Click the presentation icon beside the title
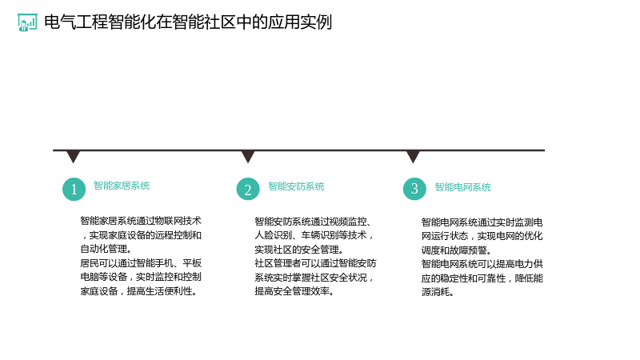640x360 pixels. tap(27, 22)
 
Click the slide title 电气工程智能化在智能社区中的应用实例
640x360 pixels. tap(188, 22)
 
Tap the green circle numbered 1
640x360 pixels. tap(74, 189)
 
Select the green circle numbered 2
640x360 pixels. tap(248, 189)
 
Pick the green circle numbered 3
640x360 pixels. tap(414, 189)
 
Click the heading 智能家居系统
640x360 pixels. tap(122, 186)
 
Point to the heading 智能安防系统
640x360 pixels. tap(296, 186)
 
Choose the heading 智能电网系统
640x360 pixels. tap(462, 187)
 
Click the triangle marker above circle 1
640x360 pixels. tap(73, 157)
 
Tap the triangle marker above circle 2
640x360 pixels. tap(248, 157)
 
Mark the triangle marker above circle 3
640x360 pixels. tap(413, 157)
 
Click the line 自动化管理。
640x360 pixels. tap(106, 249)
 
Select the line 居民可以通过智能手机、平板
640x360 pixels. tap(141, 263)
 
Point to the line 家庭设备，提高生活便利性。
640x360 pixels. tap(138, 291)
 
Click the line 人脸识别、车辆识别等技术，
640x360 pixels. tap(314, 235)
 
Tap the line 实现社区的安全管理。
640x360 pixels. tap(299, 250)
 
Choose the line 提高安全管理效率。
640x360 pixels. tap(294, 291)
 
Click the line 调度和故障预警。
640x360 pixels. tap(456, 250)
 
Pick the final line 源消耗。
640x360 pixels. tap(438, 292)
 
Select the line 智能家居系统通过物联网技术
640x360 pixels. tap(141, 221)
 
